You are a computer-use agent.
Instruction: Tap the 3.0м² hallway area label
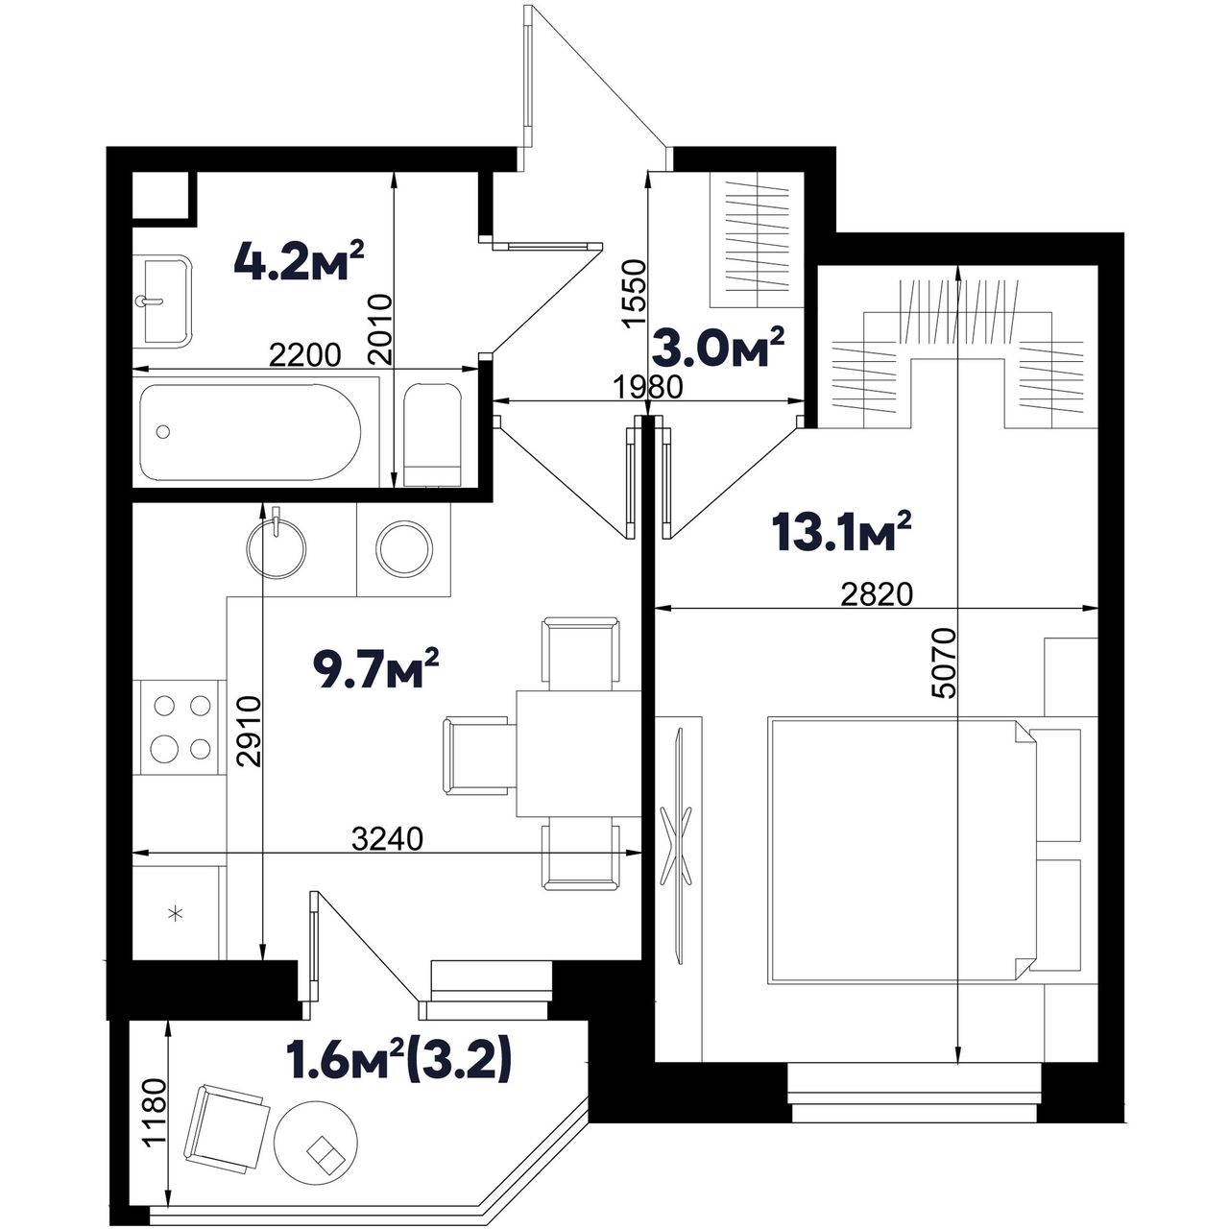[x=717, y=349]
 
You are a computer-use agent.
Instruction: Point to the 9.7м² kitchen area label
[x=376, y=669]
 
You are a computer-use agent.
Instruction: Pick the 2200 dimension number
[x=305, y=355]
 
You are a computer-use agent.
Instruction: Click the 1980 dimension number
[x=647, y=387]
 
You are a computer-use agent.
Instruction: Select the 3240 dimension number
[x=387, y=839]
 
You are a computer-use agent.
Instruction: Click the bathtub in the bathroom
[x=251, y=433]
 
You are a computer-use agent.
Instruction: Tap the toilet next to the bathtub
[x=433, y=435]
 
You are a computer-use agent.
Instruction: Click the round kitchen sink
[x=276, y=548]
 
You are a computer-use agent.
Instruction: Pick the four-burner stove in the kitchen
[x=180, y=728]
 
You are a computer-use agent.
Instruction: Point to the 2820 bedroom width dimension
[x=877, y=595]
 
